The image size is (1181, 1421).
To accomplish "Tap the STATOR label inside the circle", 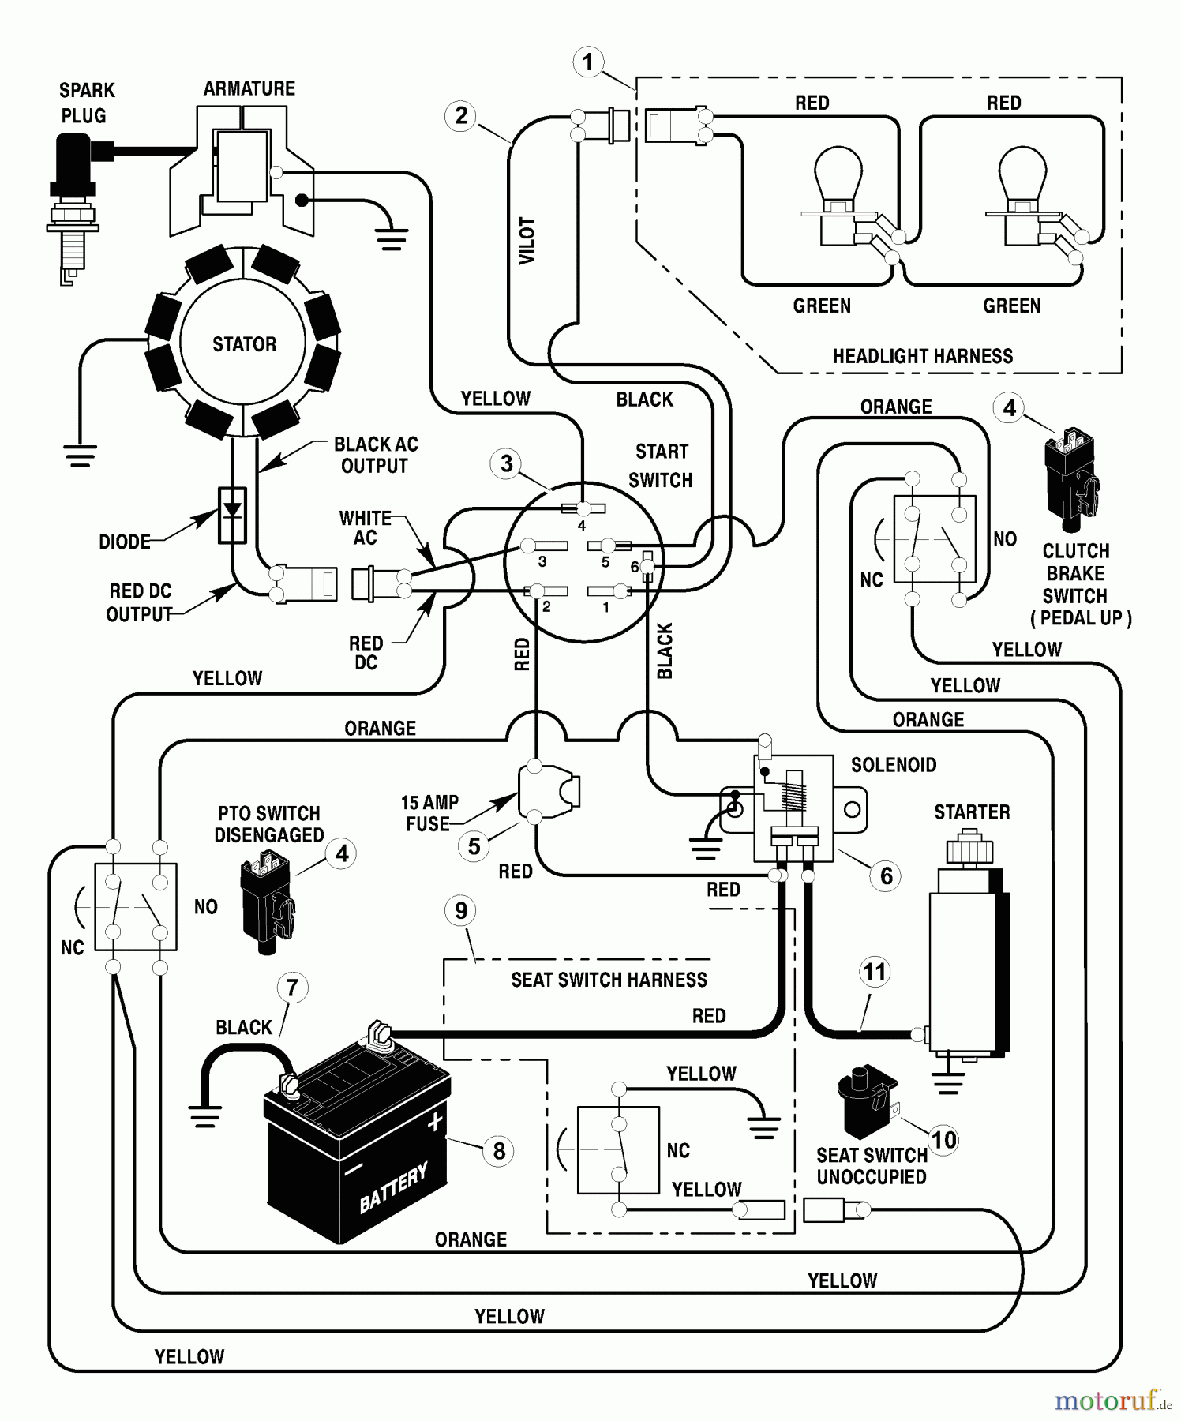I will pos(244,344).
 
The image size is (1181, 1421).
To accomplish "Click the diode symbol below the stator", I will pos(231,515).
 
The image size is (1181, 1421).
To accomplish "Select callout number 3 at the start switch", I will pos(506,463).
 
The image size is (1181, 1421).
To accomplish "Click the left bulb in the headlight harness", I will pos(838,189).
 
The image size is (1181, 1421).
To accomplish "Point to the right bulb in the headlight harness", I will pos(1022,189).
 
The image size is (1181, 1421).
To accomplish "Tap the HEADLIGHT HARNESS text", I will pos(922,356).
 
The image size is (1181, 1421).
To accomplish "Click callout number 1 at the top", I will pos(587,62).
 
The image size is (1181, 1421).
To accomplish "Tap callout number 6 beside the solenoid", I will pos(886,875).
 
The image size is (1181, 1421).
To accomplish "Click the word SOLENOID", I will pos(893,765).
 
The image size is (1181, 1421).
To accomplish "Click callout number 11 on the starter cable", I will pos(874,972).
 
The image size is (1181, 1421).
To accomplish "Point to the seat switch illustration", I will pos(865,1100).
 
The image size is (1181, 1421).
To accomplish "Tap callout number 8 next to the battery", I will pos(498,1151).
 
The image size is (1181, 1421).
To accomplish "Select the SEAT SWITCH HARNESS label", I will pos(609,980).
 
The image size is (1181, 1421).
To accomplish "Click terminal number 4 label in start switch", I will pos(582,526).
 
